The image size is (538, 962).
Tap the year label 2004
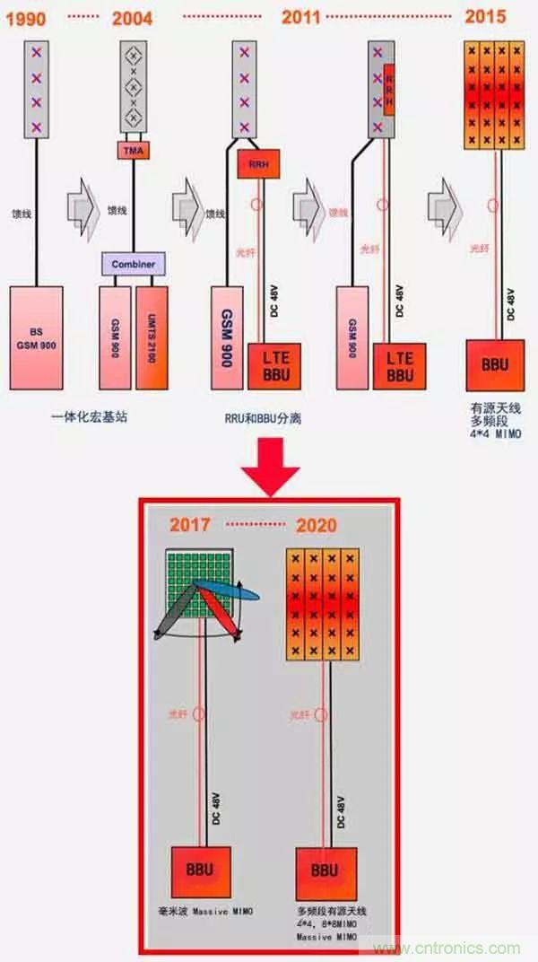tap(131, 18)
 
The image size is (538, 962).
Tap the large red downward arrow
tap(273, 463)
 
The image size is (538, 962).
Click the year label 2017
tap(192, 523)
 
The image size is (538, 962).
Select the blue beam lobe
tap(232, 588)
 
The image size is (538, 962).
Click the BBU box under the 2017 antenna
tap(200, 869)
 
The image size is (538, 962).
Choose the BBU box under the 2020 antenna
tap(324, 870)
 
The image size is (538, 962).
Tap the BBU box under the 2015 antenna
tap(492, 366)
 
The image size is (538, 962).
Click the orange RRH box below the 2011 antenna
tap(254, 164)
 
